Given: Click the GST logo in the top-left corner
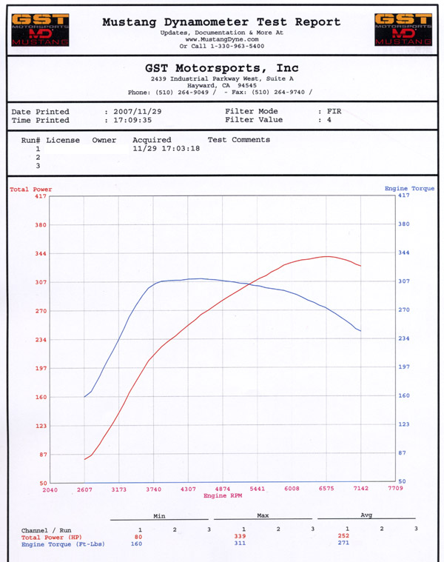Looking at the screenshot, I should pyautogui.click(x=40, y=29).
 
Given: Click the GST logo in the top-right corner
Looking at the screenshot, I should pyautogui.click(x=403, y=29).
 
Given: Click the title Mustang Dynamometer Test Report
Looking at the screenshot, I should pyautogui.click(x=221, y=22).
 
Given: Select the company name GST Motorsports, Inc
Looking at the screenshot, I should pyautogui.click(x=221, y=68).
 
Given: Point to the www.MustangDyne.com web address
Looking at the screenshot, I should pyautogui.click(x=221, y=39).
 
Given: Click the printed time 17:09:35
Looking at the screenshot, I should pyautogui.click(x=128, y=120).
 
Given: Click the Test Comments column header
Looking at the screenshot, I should pyautogui.click(x=238, y=139).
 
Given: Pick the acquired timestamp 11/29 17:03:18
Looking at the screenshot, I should pyautogui.click(x=166, y=148).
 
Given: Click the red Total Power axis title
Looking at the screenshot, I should pyautogui.click(x=30, y=190).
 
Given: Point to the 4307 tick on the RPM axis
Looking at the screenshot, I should pyautogui.click(x=188, y=489).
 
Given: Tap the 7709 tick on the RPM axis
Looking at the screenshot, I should pyautogui.click(x=395, y=489).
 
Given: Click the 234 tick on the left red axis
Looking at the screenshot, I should pyautogui.click(x=40, y=340).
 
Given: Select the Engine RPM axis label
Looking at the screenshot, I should pyautogui.click(x=223, y=495).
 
